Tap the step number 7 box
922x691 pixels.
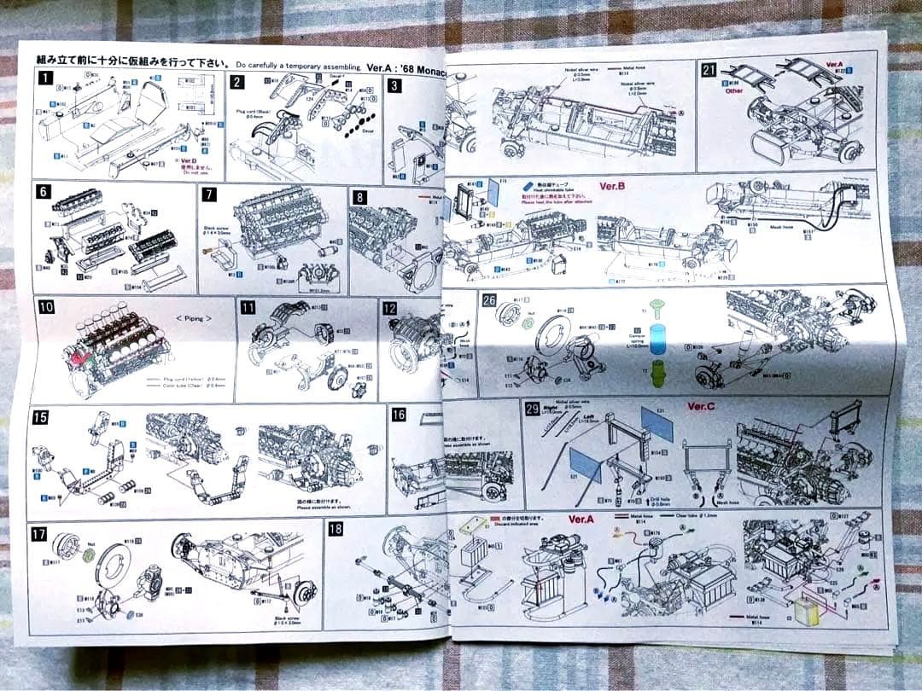pyautogui.click(x=210, y=194)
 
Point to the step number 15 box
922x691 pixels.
pyautogui.click(x=39, y=417)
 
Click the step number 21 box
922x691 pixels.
pyautogui.click(x=709, y=70)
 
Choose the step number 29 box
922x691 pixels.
pyautogui.click(x=533, y=409)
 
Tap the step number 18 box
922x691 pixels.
pyautogui.click(x=336, y=529)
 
